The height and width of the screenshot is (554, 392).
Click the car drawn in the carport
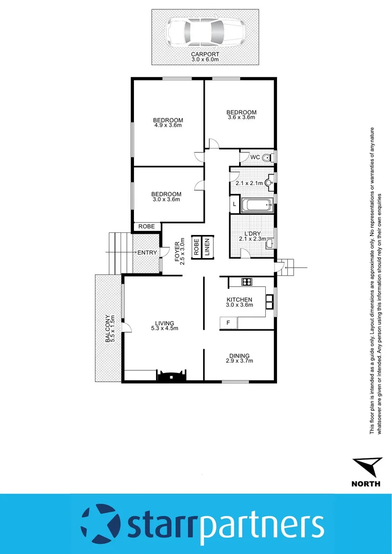tap(205, 32)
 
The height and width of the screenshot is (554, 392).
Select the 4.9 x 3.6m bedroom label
tap(168, 123)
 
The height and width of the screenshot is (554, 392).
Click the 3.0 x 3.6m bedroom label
tap(166, 196)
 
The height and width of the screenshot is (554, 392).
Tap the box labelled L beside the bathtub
tap(234, 205)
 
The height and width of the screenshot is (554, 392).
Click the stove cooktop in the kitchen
tap(247, 281)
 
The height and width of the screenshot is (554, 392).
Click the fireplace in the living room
tap(171, 377)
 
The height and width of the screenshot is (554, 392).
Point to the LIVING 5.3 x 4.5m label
tap(165, 326)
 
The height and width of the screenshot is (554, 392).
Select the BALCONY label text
tap(108, 328)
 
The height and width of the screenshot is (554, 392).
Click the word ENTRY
tap(147, 252)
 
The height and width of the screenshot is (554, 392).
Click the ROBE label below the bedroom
tap(147, 226)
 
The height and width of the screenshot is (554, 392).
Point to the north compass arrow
tap(367, 467)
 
